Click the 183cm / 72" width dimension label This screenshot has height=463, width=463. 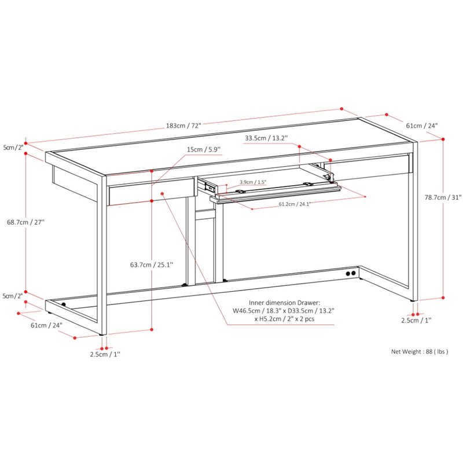tap(183, 126)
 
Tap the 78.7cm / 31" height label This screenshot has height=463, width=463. tap(443, 197)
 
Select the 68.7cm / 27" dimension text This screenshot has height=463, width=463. tap(25, 222)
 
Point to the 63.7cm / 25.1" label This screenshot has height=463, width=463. tap(152, 264)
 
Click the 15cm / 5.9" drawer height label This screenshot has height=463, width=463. tap(204, 149)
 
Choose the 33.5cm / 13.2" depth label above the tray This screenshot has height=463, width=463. tap(266, 138)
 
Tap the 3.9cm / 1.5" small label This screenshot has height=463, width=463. tap(253, 182)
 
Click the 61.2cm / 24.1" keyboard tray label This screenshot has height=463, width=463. tap(295, 204)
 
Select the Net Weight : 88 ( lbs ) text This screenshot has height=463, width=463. tap(420, 351)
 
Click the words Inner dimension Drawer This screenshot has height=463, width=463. tap(284, 303)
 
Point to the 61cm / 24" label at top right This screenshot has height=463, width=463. tap(422, 126)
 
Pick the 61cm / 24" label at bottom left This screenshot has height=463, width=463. tap(47, 325)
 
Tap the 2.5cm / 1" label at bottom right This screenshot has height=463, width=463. tap(416, 320)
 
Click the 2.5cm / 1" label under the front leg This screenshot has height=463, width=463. tap(105, 354)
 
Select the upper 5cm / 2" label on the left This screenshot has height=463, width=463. tap(13, 148)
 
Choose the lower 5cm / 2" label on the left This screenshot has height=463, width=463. tap(13, 296)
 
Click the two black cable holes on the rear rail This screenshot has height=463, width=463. tap(351, 273)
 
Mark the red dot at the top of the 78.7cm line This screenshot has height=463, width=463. tap(443, 139)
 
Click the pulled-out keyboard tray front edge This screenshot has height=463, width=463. tap(275, 195)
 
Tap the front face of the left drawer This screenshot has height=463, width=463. tap(152, 192)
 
